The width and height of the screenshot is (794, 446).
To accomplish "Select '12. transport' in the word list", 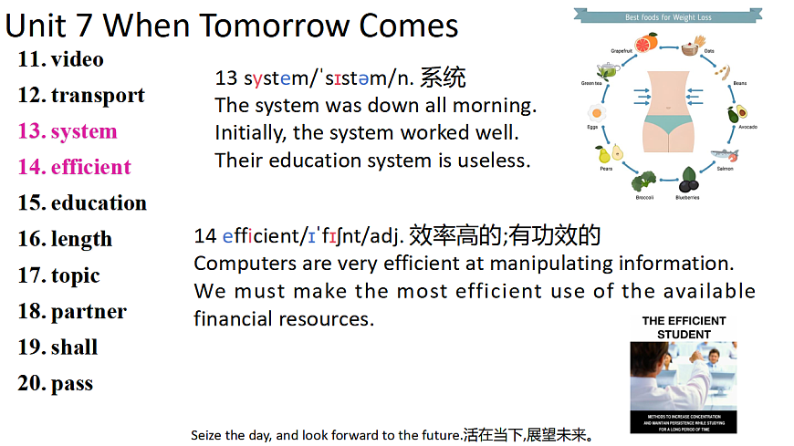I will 81,96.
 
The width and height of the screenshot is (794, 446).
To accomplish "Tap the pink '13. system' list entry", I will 68,131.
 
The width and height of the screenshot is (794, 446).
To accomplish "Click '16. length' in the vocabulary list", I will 65,239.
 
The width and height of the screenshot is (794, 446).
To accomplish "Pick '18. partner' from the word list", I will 72,312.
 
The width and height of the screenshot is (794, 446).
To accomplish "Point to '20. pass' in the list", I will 56,383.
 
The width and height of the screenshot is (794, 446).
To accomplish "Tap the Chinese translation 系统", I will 443,78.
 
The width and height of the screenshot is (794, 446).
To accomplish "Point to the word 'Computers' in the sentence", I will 238,264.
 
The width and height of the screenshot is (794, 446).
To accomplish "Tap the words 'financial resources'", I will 284,319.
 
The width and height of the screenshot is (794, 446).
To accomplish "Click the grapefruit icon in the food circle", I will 647,45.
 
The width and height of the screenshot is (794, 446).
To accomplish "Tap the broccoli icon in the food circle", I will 645,181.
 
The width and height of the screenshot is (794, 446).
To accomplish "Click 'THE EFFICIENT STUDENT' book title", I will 684,327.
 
